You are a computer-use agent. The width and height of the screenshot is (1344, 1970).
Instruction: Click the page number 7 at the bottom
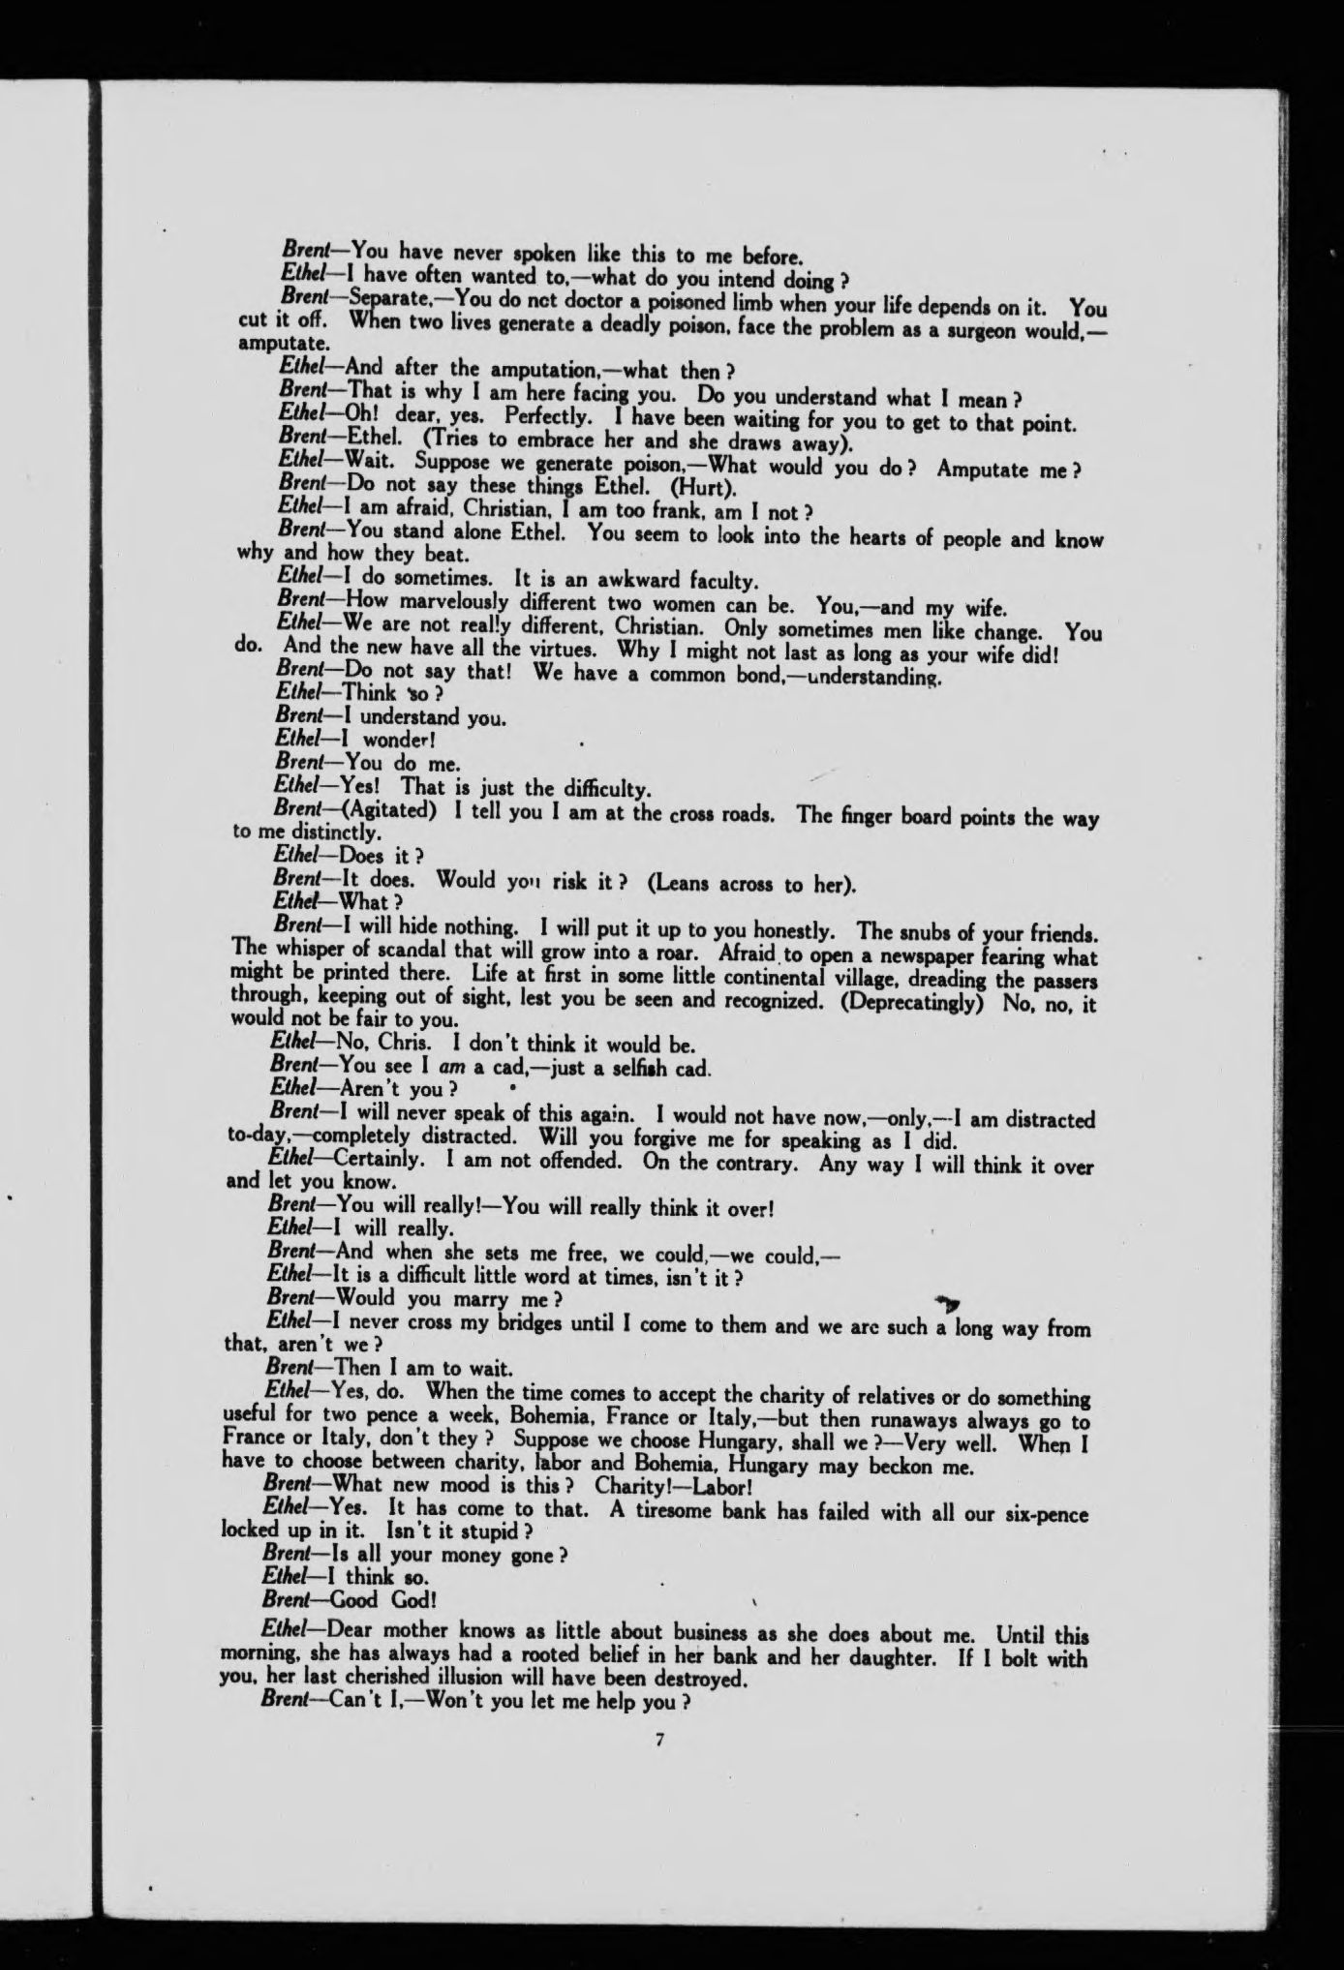pos(658,1740)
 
